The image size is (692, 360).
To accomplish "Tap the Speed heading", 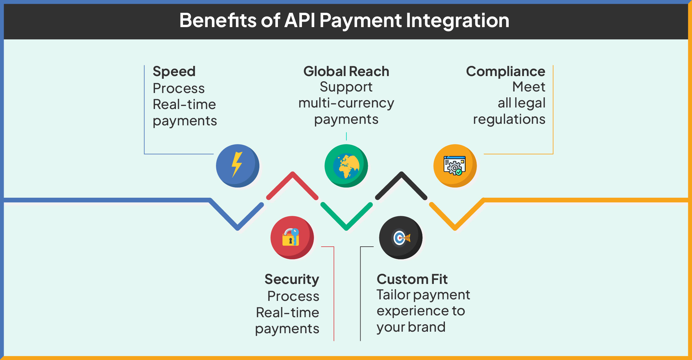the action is pos(174,72).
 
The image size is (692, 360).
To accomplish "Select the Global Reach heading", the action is pos(346,71).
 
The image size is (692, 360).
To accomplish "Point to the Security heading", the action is pos(292,280).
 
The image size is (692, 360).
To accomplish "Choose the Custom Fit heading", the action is pos(412,279).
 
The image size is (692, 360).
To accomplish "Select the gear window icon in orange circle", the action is pos(454,166).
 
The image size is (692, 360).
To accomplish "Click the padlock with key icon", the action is pos(291,237).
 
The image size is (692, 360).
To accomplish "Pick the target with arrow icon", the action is pos(401,238).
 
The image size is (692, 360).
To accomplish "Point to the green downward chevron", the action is pos(347,216).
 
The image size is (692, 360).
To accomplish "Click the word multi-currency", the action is pos(346,103).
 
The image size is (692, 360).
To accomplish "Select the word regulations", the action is pos(509,120).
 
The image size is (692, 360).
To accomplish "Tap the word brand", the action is pos(427,327).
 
